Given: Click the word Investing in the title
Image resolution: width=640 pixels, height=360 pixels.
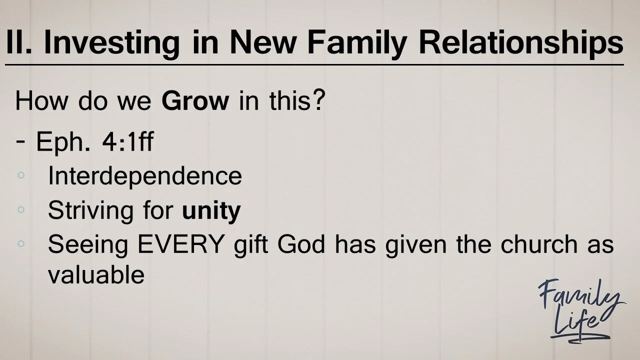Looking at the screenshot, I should pyautogui.click(x=111, y=42).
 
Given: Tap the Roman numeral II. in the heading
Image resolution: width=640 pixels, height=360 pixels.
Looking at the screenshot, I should pyautogui.click(x=19, y=42).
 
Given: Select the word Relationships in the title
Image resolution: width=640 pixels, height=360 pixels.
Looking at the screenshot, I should pyautogui.click(x=520, y=42).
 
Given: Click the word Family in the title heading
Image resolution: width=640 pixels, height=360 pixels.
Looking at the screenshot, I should pyautogui.click(x=357, y=42).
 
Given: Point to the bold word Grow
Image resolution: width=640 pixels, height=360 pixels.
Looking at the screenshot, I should pyautogui.click(x=195, y=101).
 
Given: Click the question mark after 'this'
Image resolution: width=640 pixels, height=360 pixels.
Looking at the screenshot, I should pyautogui.click(x=319, y=101).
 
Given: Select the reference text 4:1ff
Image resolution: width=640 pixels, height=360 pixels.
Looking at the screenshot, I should pyautogui.click(x=127, y=142).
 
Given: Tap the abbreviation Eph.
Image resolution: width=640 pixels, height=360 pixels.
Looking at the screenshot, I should pyautogui.click(x=63, y=142).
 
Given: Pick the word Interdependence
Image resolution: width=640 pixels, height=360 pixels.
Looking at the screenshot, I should pyautogui.click(x=145, y=176).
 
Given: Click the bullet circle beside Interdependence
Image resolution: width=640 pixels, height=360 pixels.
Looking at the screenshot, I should pyautogui.click(x=21, y=175).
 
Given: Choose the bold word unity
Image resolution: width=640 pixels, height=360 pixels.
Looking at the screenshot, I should pyautogui.click(x=211, y=211).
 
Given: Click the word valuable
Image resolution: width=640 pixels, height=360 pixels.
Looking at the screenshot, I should pyautogui.click(x=96, y=274).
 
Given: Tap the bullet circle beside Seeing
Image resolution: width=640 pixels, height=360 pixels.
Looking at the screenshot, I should pyautogui.click(x=21, y=243).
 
